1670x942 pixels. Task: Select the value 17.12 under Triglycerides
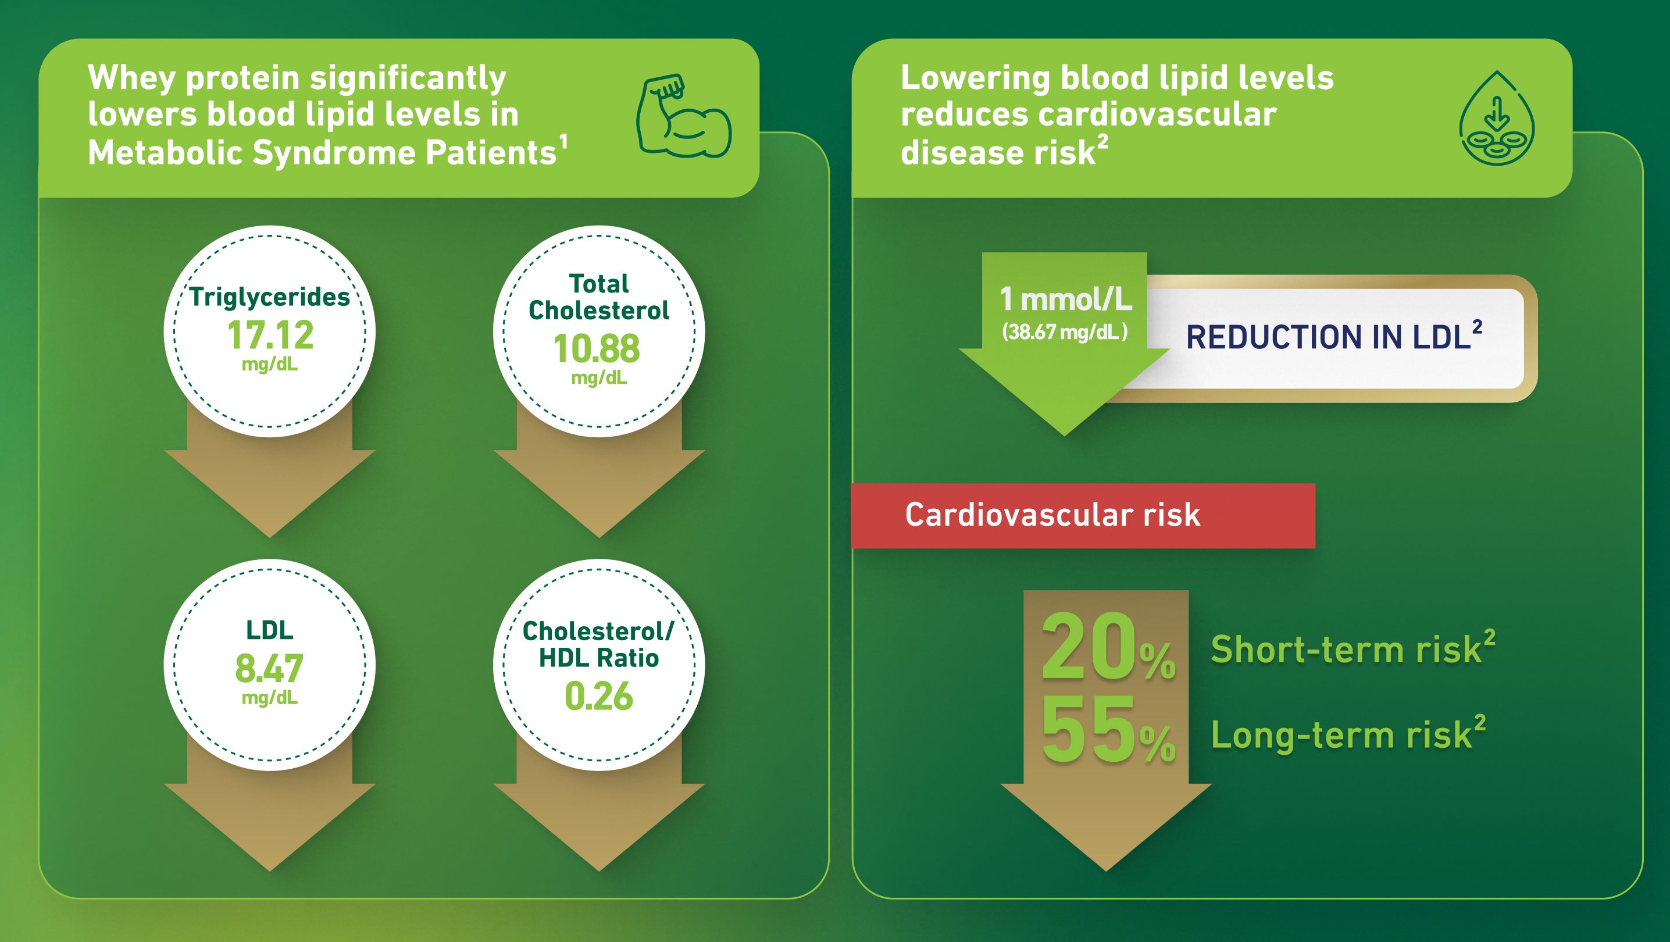[x=270, y=335]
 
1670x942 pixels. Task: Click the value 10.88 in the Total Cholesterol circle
[x=597, y=349]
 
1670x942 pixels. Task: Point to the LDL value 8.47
[x=269, y=668]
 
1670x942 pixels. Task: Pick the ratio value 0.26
[x=598, y=696]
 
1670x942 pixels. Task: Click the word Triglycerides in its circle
[x=270, y=297]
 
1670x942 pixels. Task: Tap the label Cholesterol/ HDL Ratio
[x=598, y=644]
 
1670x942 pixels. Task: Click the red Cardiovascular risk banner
[x=1083, y=515]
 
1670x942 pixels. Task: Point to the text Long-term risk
[x=1342, y=735]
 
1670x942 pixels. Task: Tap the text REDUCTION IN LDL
[x=1328, y=337]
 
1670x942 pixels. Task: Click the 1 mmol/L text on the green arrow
[x=1066, y=299]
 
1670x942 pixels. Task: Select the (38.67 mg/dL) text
[x=1065, y=332]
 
